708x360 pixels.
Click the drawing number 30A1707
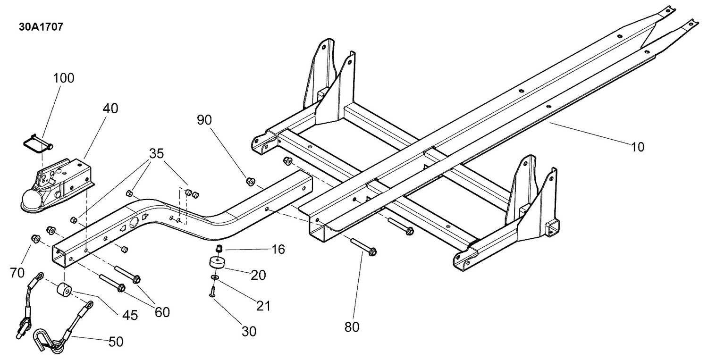tap(41, 27)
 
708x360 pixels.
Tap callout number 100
tap(64, 78)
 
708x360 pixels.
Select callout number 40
tap(110, 109)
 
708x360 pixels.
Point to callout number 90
tap(204, 120)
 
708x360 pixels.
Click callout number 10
tap(637, 147)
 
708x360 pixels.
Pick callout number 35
tap(156, 154)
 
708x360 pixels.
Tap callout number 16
tap(278, 250)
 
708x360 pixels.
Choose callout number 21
tap(263, 306)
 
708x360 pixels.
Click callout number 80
tap(352, 327)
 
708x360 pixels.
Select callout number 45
tap(130, 315)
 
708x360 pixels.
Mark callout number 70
tap(17, 273)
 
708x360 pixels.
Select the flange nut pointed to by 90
tap(250, 182)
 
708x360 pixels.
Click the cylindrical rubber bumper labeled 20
tap(217, 262)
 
